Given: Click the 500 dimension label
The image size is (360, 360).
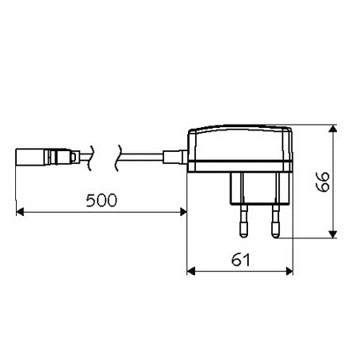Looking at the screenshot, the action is [102, 201].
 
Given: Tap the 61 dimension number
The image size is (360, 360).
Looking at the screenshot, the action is [241, 260].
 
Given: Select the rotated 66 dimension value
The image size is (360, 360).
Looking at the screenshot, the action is [323, 182].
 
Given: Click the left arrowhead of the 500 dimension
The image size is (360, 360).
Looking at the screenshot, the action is [20, 212].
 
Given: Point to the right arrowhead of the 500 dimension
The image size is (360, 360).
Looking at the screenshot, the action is [183, 212].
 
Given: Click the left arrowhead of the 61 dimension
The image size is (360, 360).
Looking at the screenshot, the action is [191, 271].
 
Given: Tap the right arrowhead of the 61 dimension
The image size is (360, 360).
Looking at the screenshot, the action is [290, 271].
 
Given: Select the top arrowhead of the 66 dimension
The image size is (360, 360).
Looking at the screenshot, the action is [333, 129].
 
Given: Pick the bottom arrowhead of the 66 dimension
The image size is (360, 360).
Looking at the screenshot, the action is [333, 234].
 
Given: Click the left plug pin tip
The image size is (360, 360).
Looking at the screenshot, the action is [243, 234].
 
